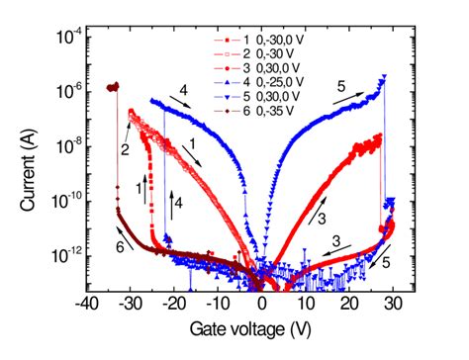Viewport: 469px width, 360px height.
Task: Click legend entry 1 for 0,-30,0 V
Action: coord(265,41)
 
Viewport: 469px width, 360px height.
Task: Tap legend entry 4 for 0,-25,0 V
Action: coord(265,81)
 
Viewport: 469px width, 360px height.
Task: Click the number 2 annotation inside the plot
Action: coord(126,150)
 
